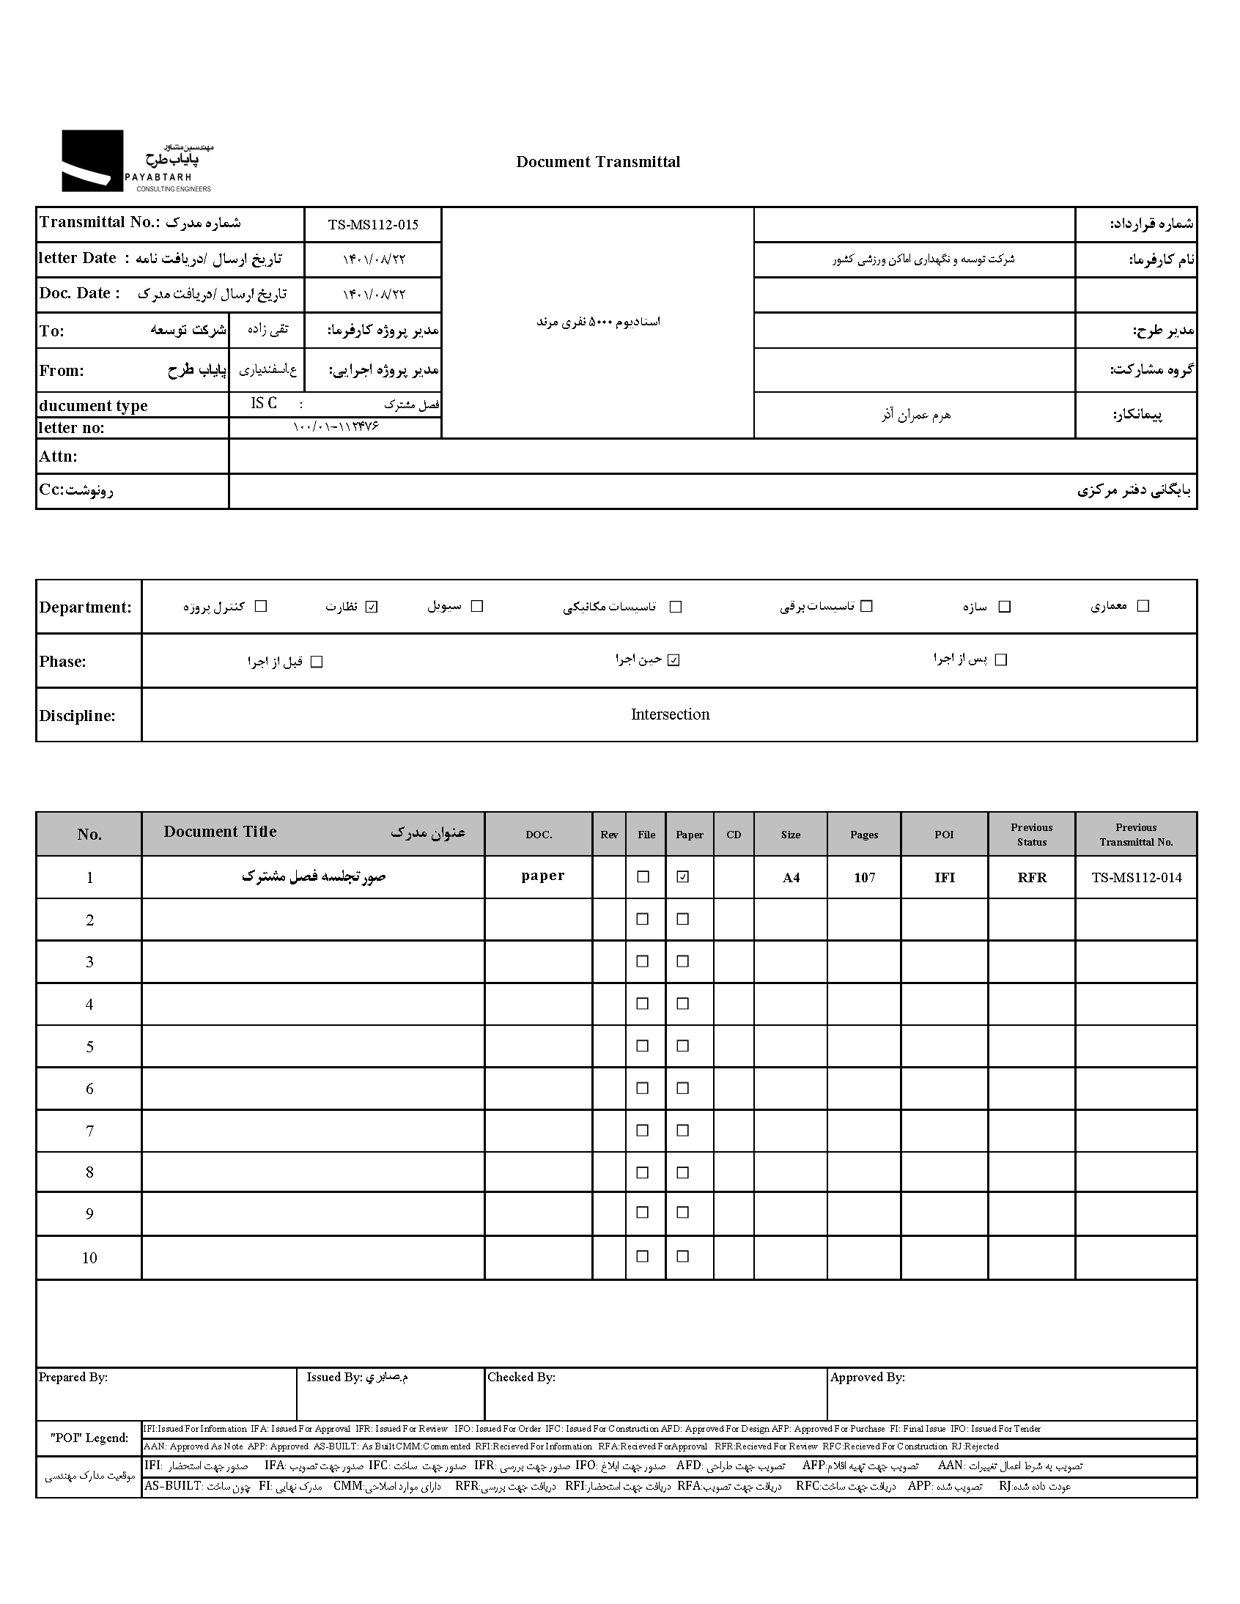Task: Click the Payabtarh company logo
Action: point(136,162)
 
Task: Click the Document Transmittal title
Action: point(598,163)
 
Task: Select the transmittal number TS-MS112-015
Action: point(373,225)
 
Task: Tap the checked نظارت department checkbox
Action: point(371,607)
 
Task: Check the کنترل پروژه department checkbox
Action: point(261,607)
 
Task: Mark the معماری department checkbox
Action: point(1143,606)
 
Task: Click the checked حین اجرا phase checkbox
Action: point(673,660)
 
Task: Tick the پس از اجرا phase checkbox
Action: point(1000,660)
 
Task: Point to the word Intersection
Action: point(670,714)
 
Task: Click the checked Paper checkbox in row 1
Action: point(683,877)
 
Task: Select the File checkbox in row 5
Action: point(643,1046)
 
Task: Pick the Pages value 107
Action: point(864,878)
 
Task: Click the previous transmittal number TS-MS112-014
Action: point(1137,878)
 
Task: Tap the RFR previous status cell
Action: point(1031,878)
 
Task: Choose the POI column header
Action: point(944,835)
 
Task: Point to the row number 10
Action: point(89,1258)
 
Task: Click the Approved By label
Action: point(867,1378)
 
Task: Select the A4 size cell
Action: point(791,878)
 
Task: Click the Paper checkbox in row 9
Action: point(683,1213)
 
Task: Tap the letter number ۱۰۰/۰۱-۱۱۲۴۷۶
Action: point(336,426)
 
